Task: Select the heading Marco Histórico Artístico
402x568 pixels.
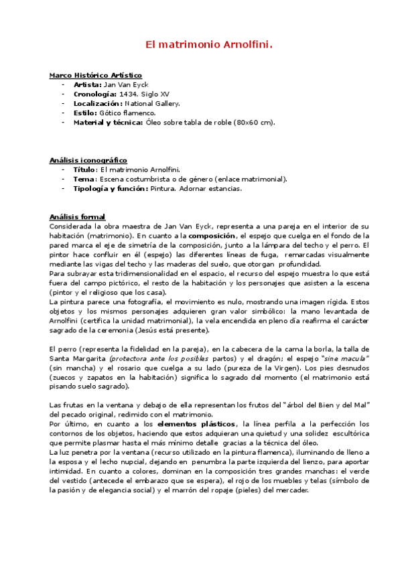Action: (95, 75)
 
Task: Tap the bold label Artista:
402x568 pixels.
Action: (87, 85)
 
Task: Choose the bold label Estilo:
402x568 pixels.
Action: (84, 113)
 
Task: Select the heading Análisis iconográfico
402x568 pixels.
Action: (88, 160)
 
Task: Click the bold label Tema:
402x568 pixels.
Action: (84, 179)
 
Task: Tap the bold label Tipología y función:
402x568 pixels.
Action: (110, 188)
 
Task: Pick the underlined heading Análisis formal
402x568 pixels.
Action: (77, 216)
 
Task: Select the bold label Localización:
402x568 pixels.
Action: (98, 104)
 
